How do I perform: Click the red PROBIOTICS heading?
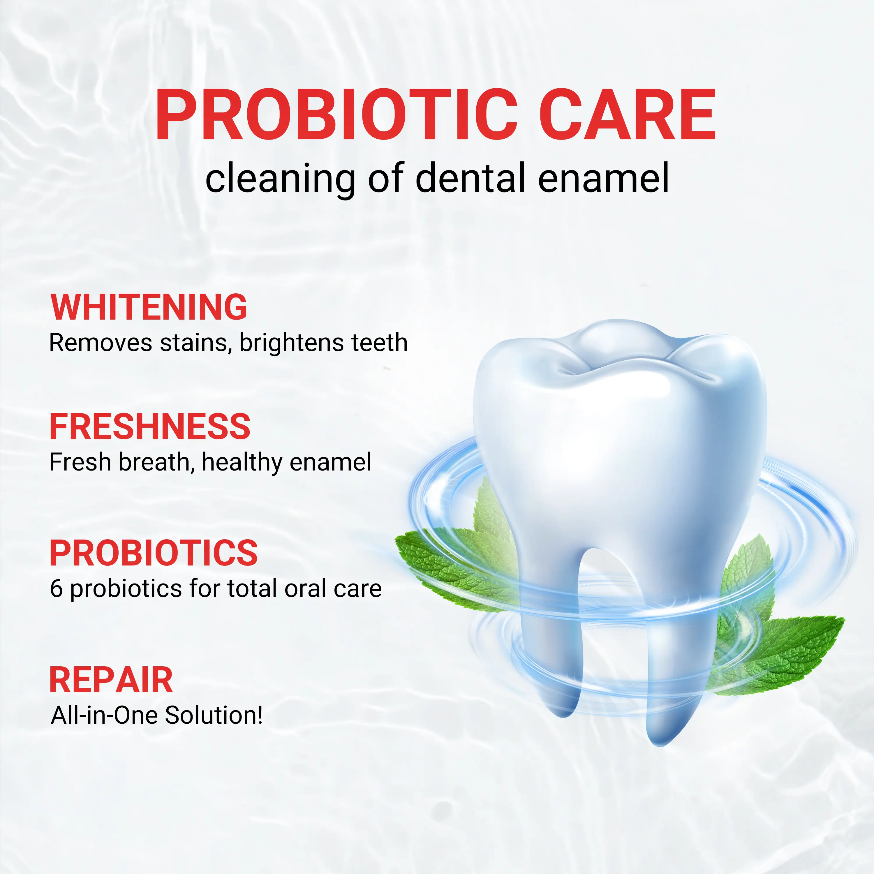pyautogui.click(x=153, y=553)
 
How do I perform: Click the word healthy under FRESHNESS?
pyautogui.click(x=242, y=463)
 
